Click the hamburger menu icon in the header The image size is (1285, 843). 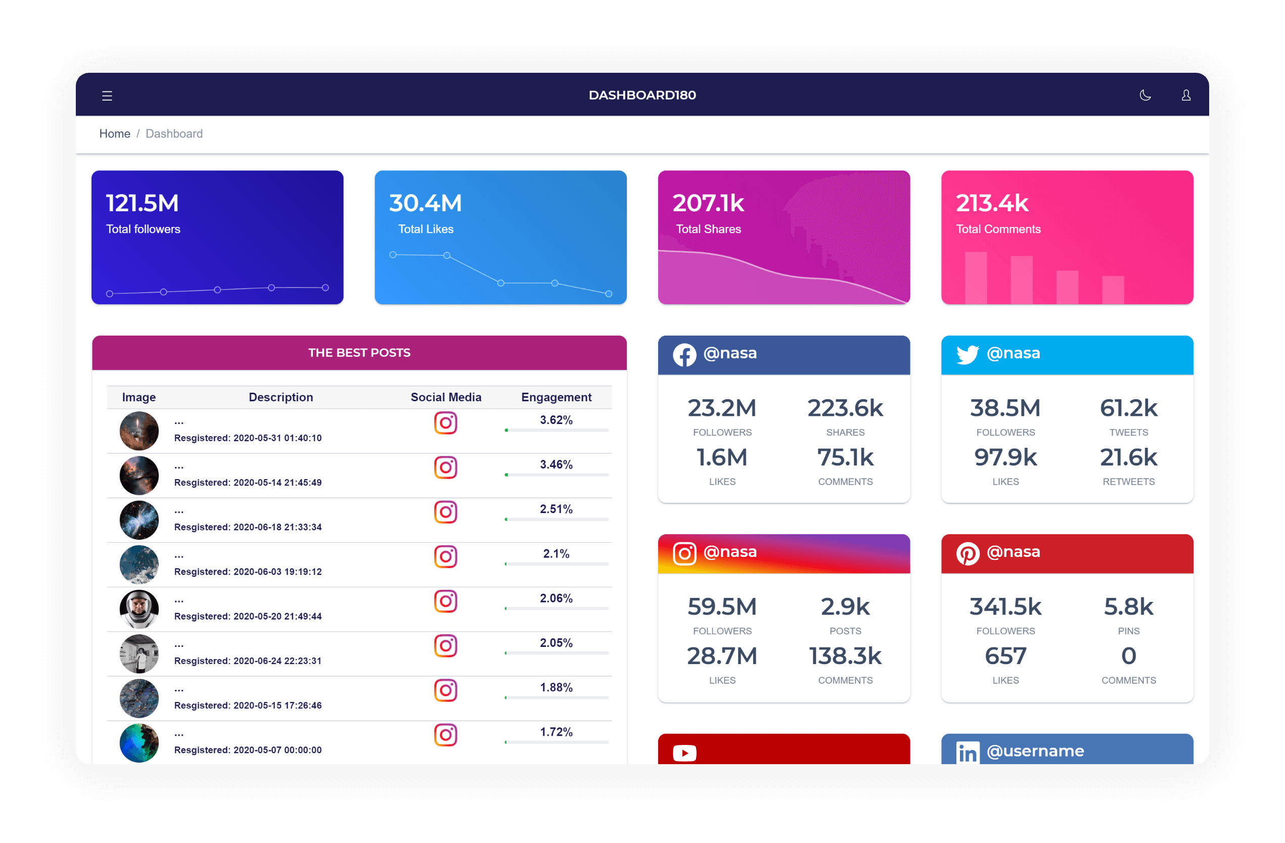107,96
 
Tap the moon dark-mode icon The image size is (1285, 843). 1144,96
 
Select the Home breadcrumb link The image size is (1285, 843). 114,133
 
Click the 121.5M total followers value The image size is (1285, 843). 142,204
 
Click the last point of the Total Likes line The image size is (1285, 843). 609,294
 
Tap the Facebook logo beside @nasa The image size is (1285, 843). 684,355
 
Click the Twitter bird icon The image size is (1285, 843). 967,355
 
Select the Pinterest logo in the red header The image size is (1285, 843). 967,554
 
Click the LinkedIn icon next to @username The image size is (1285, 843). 967,753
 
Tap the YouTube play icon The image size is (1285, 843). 684,753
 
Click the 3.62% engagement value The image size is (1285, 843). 556,420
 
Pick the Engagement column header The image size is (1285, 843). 556,397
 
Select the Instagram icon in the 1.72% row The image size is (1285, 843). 445,734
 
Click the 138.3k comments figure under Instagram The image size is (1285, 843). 845,657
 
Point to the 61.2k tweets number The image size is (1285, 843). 1128,408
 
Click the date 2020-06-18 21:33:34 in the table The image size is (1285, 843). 277,527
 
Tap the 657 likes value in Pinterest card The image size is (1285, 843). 1005,657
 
